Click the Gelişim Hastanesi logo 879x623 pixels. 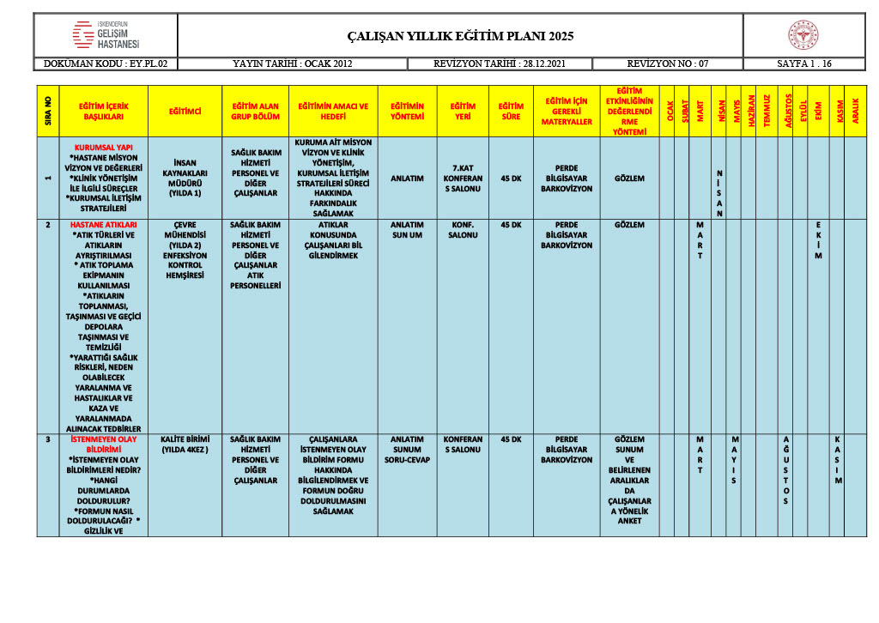coord(106,35)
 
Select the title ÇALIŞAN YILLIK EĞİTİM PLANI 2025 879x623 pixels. coord(460,36)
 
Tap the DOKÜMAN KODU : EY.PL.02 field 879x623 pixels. coord(106,64)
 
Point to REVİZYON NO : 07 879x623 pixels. coord(667,64)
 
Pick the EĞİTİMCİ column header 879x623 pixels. coord(185,112)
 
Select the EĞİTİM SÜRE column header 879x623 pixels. coord(511,112)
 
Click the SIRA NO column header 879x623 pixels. coord(48,112)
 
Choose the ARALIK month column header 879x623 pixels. coord(855,112)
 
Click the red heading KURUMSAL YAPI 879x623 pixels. coord(104,147)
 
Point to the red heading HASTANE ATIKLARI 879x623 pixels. coord(104,225)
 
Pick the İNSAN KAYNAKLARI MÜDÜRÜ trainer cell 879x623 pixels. coord(185,178)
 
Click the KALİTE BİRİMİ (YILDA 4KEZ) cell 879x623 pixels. coord(185,444)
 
